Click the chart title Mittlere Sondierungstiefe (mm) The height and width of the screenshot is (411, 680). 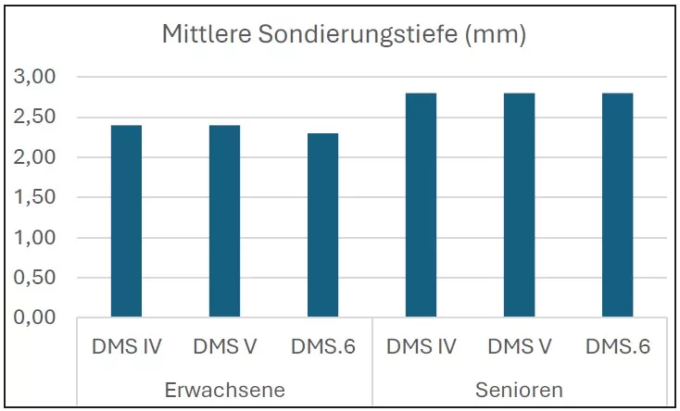tap(344, 36)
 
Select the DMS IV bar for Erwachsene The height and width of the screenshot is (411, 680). tap(126, 221)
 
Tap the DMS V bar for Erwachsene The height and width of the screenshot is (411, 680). tap(224, 221)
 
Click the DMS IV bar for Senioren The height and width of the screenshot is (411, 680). tap(421, 205)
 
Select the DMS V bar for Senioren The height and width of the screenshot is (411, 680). tap(519, 205)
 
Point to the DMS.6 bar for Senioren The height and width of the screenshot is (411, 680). tap(617, 205)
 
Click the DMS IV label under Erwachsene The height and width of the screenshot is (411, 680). tap(126, 347)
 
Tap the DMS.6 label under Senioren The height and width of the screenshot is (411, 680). tap(617, 347)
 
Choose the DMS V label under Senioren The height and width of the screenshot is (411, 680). tap(519, 347)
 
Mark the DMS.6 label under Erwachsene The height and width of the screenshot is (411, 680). tap(322, 347)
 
